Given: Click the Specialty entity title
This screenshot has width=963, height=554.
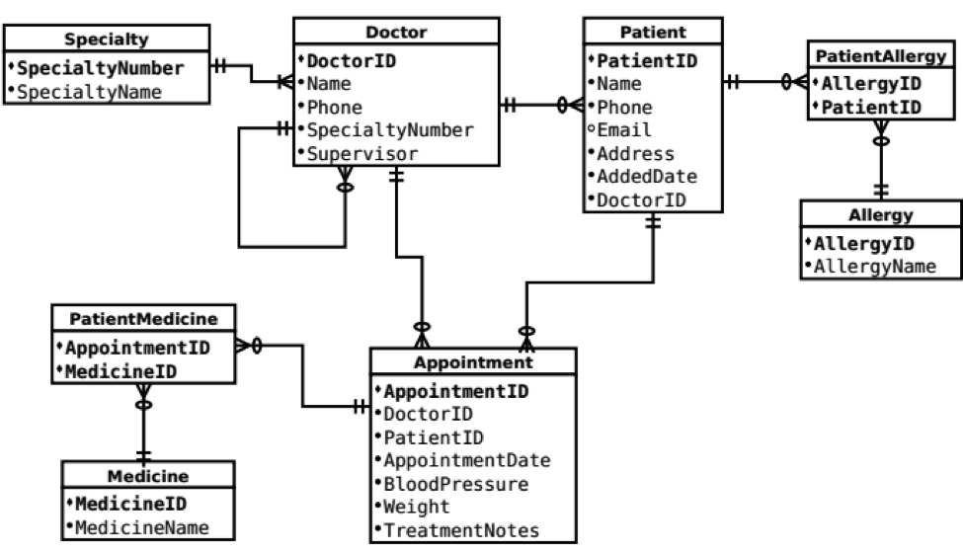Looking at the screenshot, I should pyautogui.click(x=106, y=40).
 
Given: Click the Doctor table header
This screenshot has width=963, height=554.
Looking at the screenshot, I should pyautogui.click(x=395, y=32).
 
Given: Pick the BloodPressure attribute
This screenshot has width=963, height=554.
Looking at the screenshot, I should pyautogui.click(x=455, y=484).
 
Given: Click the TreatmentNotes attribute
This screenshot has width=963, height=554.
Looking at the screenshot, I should pyautogui.click(x=460, y=530).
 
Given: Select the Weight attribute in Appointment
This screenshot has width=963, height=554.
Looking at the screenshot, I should pyautogui.click(x=416, y=507).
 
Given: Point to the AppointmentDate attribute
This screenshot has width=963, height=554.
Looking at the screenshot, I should pyautogui.click(x=466, y=460).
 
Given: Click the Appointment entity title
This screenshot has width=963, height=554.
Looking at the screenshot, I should pyautogui.click(x=472, y=361).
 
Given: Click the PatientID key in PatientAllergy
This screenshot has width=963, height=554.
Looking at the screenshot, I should pyautogui.click(x=872, y=108).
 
